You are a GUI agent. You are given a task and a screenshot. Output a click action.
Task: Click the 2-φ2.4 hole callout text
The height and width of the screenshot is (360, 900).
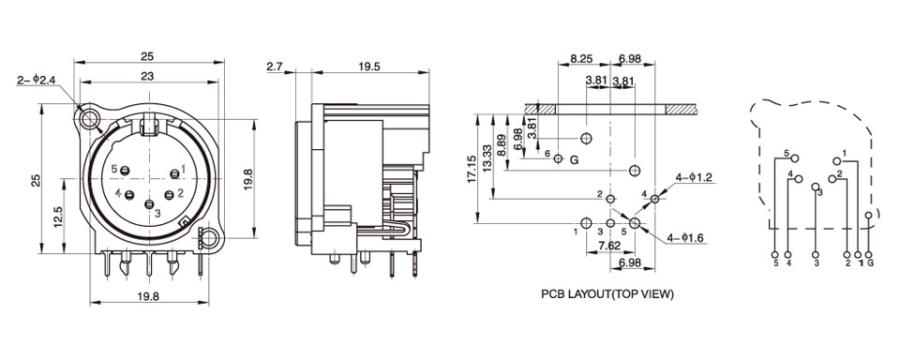click(x=36, y=81)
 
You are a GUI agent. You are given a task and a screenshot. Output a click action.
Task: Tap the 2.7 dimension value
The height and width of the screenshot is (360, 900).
click(x=275, y=67)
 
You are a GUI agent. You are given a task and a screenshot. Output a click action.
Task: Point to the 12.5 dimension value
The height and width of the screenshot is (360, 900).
click(x=58, y=217)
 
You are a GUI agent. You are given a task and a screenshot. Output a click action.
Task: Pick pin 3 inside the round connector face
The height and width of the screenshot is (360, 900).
click(x=149, y=204)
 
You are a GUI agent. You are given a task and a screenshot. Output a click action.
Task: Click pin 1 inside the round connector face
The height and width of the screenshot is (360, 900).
click(x=174, y=173)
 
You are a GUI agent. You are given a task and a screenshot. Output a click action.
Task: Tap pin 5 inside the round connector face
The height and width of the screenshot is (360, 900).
click(x=126, y=170)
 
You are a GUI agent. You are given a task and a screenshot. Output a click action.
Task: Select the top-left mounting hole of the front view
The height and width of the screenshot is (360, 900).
click(x=89, y=119)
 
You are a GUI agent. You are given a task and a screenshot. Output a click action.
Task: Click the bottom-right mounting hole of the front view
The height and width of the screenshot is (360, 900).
click(x=210, y=237)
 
